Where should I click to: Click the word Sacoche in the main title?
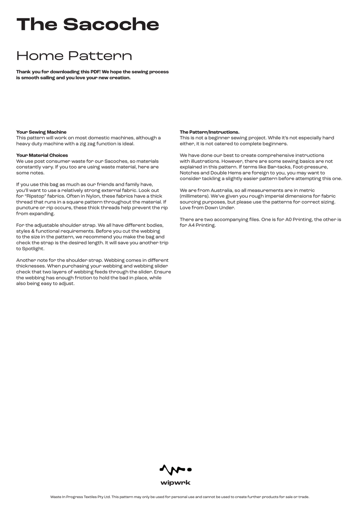click(111, 24)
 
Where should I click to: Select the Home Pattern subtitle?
click(74, 56)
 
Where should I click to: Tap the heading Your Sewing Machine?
click(41, 132)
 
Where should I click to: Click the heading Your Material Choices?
click(42, 155)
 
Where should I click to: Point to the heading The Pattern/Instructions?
click(210, 132)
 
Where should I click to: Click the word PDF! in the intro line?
click(95, 72)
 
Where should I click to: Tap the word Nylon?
click(93, 196)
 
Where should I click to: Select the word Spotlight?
click(33, 249)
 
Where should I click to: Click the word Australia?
click(221, 190)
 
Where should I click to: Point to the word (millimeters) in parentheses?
click(194, 196)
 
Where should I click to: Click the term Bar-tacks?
click(279, 167)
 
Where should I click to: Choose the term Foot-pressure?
click(310, 167)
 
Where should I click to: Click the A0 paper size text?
click(289, 220)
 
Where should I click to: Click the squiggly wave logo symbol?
click(172, 469)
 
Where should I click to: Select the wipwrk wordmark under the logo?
click(175, 483)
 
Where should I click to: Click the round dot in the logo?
click(189, 469)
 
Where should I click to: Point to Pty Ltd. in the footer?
click(104, 497)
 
